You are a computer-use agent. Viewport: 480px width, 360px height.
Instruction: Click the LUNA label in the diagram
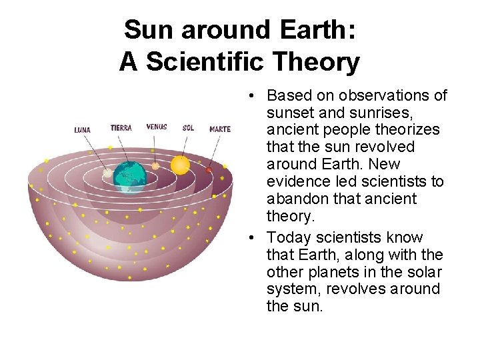tap(83, 130)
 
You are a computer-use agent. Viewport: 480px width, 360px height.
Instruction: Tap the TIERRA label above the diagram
tap(121, 127)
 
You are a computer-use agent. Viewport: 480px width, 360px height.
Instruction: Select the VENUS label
tap(157, 127)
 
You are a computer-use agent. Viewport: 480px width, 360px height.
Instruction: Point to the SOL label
tap(188, 127)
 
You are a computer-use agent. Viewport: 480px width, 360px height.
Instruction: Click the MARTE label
tap(220, 129)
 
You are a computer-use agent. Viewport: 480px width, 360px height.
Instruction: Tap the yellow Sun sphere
tap(180, 165)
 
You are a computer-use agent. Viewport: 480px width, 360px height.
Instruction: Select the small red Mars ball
tap(209, 171)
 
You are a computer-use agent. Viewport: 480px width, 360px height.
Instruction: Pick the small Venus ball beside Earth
tap(155, 165)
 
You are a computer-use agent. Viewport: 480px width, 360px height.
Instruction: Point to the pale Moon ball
tap(107, 173)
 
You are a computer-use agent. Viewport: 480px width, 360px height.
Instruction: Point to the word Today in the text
tap(288, 237)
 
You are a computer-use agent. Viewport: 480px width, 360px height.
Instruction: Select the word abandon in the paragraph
tap(294, 199)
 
